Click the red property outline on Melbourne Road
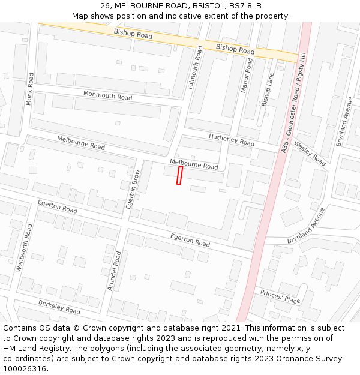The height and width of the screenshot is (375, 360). point(179,175)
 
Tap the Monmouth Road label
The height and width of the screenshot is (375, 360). point(107,95)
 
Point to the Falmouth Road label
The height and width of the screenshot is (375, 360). point(192,68)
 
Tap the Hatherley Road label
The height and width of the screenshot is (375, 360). point(231,140)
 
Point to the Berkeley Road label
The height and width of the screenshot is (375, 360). point(59,307)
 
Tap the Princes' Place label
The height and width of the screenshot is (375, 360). point(280,296)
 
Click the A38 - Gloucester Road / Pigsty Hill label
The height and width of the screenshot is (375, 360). point(293,102)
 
